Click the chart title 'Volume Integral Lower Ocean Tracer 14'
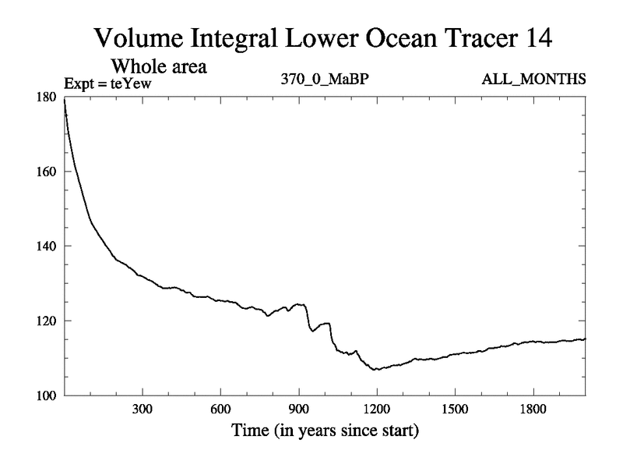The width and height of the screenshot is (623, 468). click(x=323, y=37)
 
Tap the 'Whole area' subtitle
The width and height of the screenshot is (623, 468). click(x=159, y=66)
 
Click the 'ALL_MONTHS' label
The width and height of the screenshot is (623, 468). click(x=534, y=79)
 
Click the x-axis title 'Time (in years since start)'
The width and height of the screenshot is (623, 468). click(x=323, y=430)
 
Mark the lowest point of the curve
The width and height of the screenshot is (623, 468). click(x=376, y=369)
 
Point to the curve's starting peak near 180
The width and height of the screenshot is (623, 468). click(x=65, y=100)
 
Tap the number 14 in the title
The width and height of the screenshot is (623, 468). click(x=538, y=37)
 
